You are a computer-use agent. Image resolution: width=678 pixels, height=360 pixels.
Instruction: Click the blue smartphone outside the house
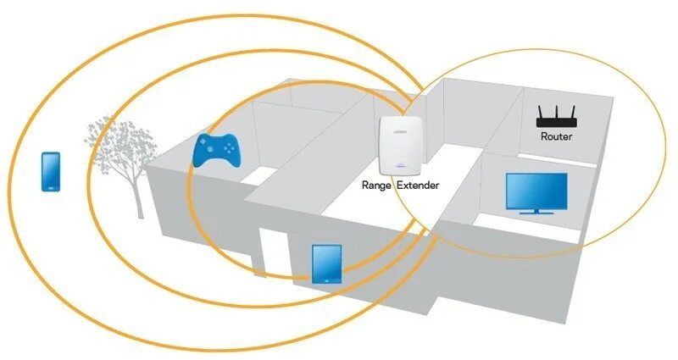(51, 171)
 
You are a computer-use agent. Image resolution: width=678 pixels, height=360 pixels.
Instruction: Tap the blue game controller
(217, 150)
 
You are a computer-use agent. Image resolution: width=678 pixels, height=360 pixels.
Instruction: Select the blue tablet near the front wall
(326, 263)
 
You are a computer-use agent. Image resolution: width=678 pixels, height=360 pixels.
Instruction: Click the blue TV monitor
(536, 192)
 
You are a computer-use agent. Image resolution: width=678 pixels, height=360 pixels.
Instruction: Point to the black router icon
(556, 118)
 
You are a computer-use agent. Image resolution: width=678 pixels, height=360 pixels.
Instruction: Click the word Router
(556, 136)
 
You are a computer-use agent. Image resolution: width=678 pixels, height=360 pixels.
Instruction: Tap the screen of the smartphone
(51, 170)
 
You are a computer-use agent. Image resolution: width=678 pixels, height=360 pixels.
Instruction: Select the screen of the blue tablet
(326, 263)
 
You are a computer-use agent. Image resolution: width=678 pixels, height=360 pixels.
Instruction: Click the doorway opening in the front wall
(273, 254)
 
